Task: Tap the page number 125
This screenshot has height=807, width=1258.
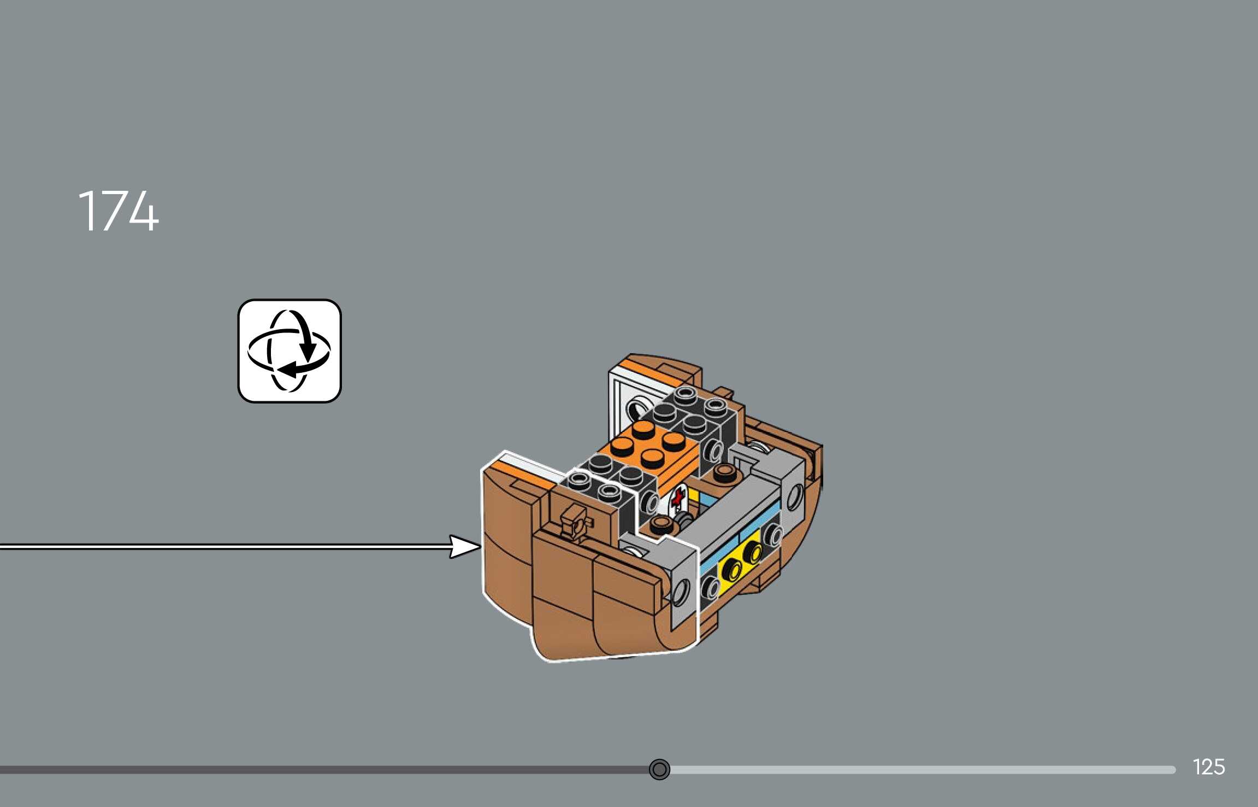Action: pos(1208,767)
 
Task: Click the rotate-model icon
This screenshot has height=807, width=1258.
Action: pos(290,351)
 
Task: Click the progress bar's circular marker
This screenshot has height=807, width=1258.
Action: pos(659,769)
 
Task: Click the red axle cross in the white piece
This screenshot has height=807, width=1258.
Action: pos(678,498)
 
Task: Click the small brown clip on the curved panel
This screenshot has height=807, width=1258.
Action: pos(574,521)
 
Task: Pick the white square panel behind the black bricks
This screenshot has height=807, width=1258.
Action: pos(623,399)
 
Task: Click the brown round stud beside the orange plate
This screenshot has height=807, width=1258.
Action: pos(724,472)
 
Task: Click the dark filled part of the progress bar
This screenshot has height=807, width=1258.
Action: pos(328,770)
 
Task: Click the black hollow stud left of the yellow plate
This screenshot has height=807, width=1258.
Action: pos(711,588)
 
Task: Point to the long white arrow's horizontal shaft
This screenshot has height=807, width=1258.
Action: pos(218,546)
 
